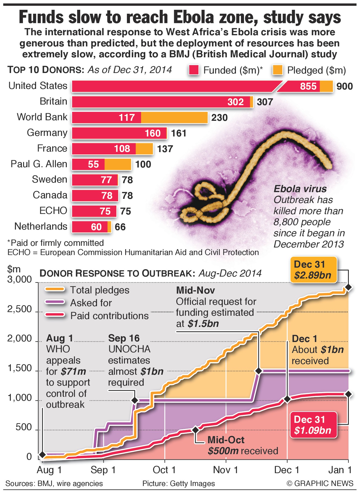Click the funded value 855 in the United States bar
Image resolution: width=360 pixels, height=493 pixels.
click(308, 86)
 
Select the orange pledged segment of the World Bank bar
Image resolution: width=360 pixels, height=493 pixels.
click(174, 117)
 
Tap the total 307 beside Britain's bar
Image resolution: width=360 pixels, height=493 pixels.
click(265, 102)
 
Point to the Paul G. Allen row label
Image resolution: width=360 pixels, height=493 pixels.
click(39, 164)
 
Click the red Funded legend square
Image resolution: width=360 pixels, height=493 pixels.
click(194, 70)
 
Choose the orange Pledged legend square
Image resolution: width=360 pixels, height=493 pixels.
click(278, 70)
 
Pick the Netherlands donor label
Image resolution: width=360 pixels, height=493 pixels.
click(41, 226)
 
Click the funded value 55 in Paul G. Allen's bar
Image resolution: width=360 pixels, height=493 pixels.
click(93, 164)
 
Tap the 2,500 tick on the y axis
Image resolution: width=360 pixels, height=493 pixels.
click(20, 309)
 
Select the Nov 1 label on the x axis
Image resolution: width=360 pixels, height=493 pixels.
click(226, 470)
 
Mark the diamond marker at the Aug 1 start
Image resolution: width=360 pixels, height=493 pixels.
click(42, 455)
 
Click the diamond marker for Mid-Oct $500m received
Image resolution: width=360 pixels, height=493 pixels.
click(195, 430)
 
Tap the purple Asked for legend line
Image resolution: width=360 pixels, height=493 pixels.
click(55, 303)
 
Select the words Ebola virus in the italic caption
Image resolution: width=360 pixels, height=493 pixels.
click(300, 189)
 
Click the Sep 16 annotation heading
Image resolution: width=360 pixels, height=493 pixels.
click(124, 338)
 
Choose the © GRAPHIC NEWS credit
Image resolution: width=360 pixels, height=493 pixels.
click(320, 483)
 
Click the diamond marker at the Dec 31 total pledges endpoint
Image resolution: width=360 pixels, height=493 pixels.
click(348, 287)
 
